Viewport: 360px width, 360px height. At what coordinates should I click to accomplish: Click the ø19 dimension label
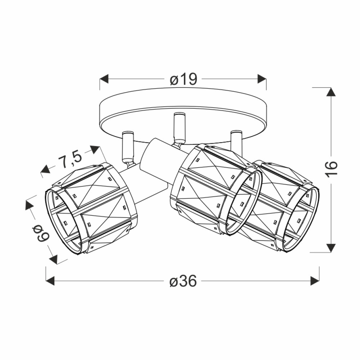point(184,80)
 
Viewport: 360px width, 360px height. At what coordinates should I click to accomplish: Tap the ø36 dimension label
point(183,281)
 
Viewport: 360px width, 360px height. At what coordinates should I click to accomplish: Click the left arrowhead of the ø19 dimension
point(104,79)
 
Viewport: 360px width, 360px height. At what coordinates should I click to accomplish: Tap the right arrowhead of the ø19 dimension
point(262,79)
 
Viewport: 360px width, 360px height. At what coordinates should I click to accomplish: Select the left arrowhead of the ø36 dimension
point(50,280)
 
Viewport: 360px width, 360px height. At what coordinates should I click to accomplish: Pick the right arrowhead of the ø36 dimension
point(315,280)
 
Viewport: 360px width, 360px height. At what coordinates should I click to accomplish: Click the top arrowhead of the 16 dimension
point(331,92)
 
